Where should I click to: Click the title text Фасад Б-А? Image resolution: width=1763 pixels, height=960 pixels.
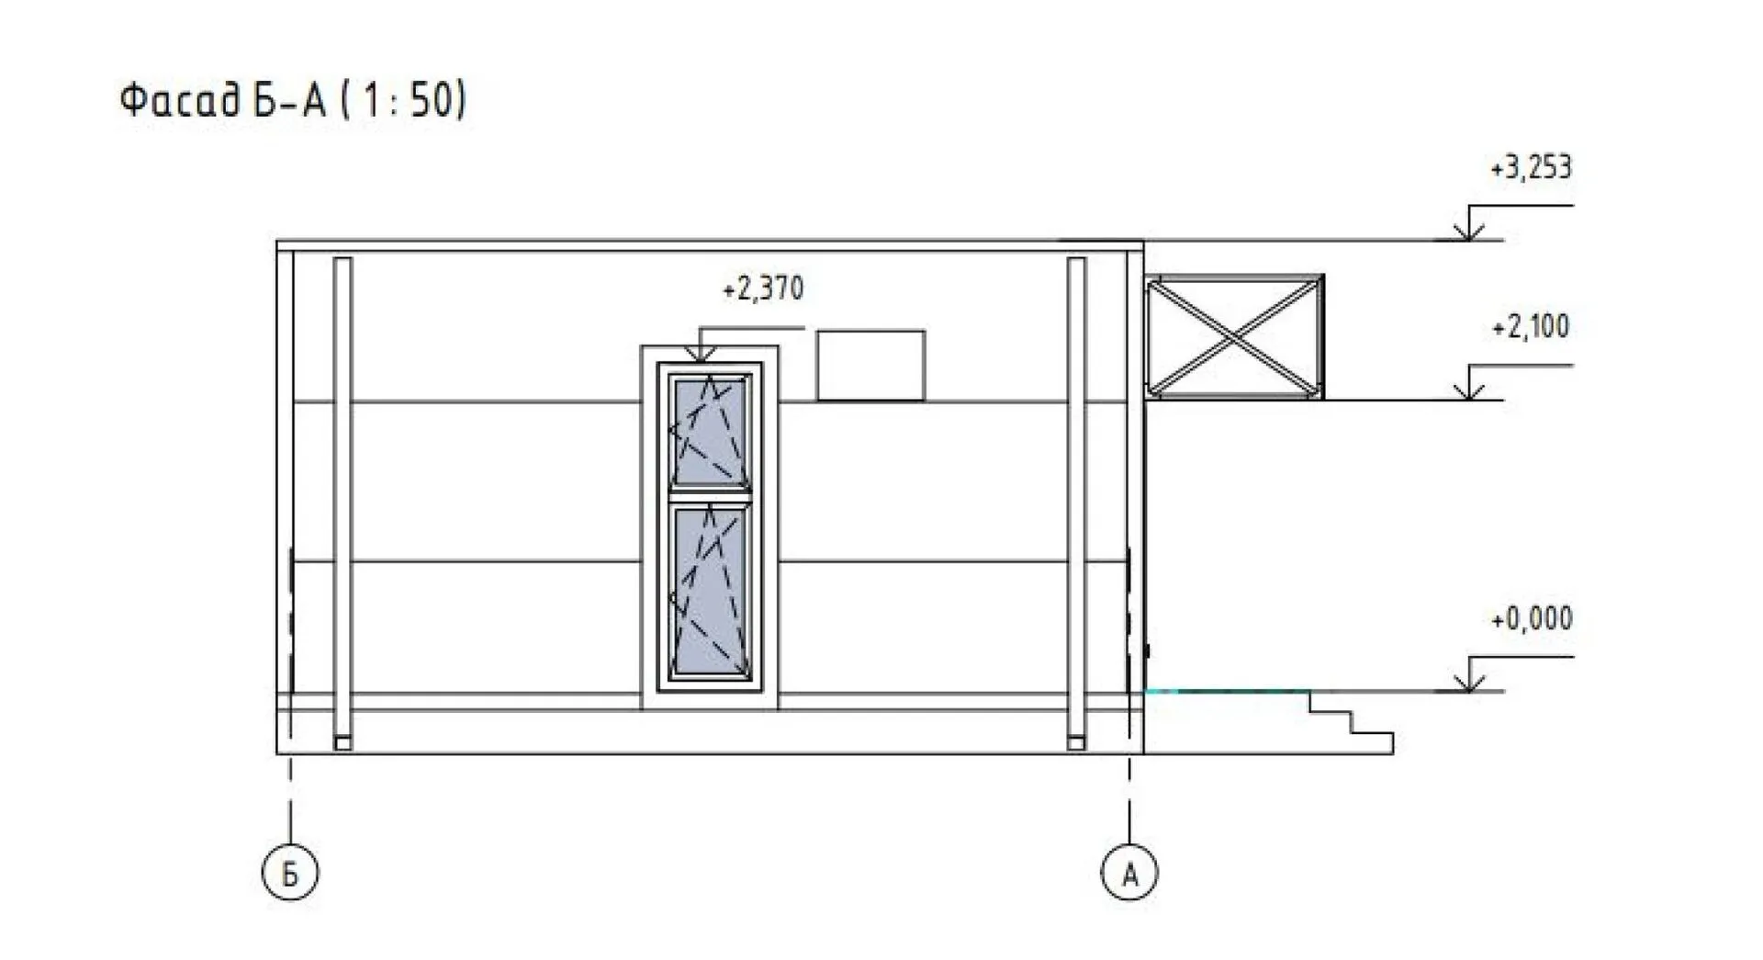(x=223, y=100)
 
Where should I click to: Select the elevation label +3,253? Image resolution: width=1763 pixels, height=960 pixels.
(x=1531, y=168)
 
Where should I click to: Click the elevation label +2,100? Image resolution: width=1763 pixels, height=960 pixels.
(x=1531, y=327)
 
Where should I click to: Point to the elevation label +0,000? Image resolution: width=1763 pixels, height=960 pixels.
(x=1532, y=618)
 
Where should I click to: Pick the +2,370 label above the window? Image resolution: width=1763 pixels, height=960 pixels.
(x=762, y=289)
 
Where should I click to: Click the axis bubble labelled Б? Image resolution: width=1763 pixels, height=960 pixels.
(x=290, y=873)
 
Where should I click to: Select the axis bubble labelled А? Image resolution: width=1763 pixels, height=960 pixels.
(x=1129, y=873)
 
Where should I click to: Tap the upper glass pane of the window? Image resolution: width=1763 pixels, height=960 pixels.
(x=709, y=430)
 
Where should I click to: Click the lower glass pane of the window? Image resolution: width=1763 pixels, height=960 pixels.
(x=709, y=591)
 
